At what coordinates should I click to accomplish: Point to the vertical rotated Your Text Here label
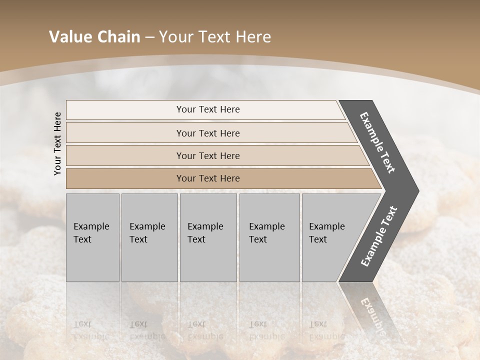click(x=57, y=143)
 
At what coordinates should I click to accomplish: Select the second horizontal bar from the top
click(x=208, y=133)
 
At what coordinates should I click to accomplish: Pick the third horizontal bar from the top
click(x=208, y=155)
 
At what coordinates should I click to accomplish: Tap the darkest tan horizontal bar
click(x=208, y=178)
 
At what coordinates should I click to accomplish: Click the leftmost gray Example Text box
click(x=92, y=237)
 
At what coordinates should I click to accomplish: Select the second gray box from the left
click(x=149, y=237)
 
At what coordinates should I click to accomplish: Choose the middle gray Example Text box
click(x=208, y=237)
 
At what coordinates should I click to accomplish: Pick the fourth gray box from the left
click(x=269, y=237)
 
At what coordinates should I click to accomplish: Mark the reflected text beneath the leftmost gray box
click(x=91, y=330)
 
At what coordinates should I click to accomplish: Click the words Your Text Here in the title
click(x=215, y=37)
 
